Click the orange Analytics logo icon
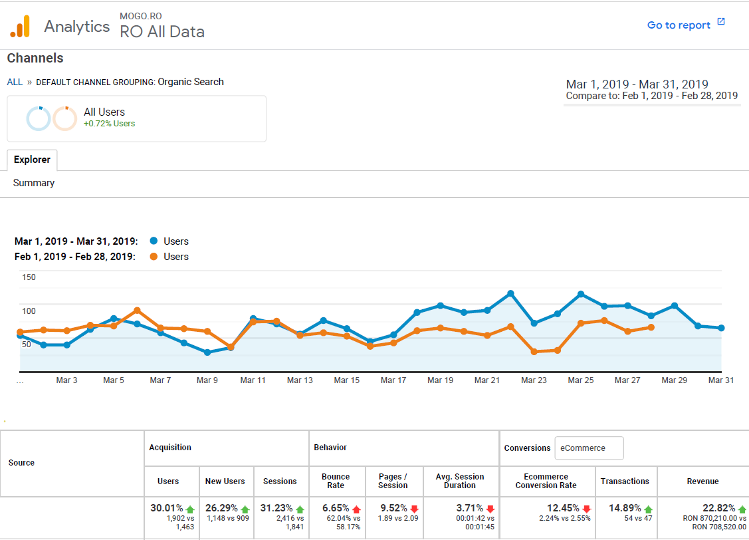[x=20, y=26]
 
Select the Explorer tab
[x=32, y=160]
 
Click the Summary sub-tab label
[x=34, y=183]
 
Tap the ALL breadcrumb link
[x=15, y=82]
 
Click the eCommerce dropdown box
[x=589, y=448]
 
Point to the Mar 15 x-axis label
[x=346, y=380]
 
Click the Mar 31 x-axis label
[x=721, y=380]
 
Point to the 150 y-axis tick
[x=29, y=277]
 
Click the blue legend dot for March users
[x=154, y=241]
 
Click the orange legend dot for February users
[x=154, y=257]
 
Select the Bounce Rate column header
[x=336, y=481]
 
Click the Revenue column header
[x=703, y=481]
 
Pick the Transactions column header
[x=625, y=481]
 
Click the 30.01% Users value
[x=166, y=508]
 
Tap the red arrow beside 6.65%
[x=357, y=509]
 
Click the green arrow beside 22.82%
[x=742, y=509]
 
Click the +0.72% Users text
[x=109, y=124]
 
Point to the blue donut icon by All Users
[x=38, y=119]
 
